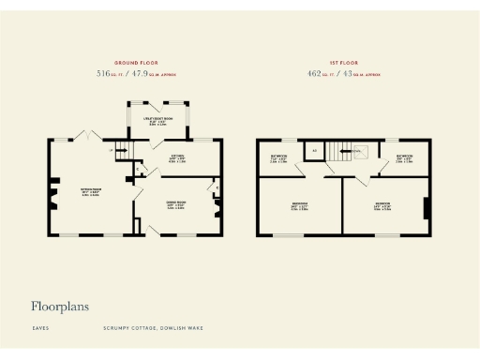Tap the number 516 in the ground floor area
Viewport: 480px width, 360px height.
click(x=103, y=71)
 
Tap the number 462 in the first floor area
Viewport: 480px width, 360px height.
click(x=315, y=71)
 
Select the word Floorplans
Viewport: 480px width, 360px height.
click(x=61, y=306)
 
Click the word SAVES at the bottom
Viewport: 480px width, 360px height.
click(x=39, y=328)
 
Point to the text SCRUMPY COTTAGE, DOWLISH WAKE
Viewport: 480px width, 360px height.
click(x=153, y=328)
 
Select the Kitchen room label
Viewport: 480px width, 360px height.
click(x=176, y=157)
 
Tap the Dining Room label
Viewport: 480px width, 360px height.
click(x=176, y=205)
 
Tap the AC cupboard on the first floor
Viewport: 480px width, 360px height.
click(x=315, y=150)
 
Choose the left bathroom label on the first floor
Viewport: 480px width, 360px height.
click(x=279, y=157)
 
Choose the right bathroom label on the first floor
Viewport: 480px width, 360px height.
click(x=404, y=157)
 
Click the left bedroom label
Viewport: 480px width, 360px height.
click(x=299, y=206)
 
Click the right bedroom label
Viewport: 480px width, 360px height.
click(x=384, y=206)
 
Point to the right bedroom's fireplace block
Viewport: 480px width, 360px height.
click(x=427, y=208)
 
